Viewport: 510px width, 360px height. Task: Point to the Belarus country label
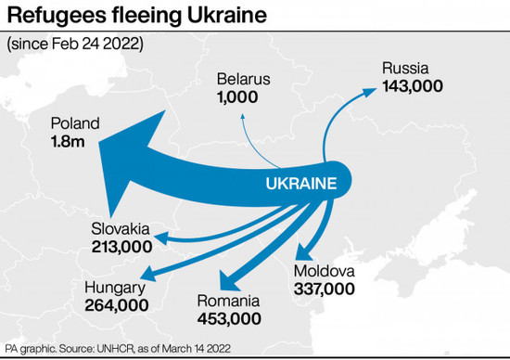click(x=242, y=79)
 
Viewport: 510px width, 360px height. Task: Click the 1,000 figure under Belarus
click(x=238, y=96)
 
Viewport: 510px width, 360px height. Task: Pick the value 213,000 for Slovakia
click(x=121, y=247)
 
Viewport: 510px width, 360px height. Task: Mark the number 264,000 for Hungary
click(x=116, y=303)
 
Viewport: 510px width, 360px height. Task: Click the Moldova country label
click(x=325, y=272)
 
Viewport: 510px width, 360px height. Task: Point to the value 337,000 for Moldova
click(x=324, y=289)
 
